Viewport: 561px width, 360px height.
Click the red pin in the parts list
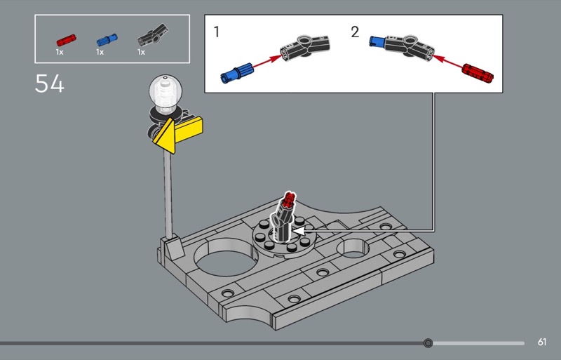click(x=66, y=40)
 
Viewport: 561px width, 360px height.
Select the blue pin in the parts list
click(x=107, y=39)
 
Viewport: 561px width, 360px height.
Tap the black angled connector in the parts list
click(x=152, y=35)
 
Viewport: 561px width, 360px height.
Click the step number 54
click(x=49, y=84)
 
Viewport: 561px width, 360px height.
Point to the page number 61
click(x=542, y=342)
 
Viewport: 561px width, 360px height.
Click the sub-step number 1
click(x=216, y=32)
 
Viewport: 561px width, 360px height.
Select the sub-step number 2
click(x=355, y=32)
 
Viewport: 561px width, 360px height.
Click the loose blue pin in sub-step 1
click(x=237, y=73)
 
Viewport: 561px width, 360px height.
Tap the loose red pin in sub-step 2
click(x=478, y=73)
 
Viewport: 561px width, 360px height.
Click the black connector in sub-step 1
click(x=305, y=47)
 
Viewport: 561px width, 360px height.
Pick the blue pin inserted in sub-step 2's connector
click(x=377, y=42)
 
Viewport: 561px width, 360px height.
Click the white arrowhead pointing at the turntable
click(x=299, y=231)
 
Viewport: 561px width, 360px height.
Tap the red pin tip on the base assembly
click(x=288, y=201)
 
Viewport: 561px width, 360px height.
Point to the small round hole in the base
click(x=353, y=248)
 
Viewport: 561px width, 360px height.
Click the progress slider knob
click(x=428, y=343)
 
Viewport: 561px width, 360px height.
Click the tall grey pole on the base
click(x=168, y=195)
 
